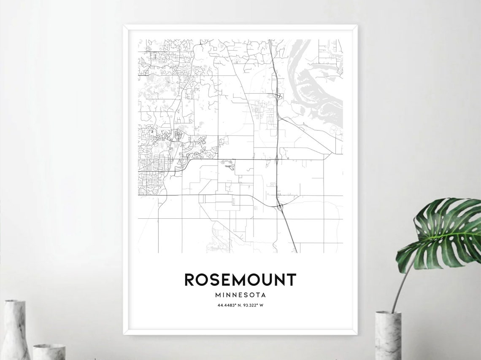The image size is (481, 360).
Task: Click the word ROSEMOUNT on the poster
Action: (240, 280)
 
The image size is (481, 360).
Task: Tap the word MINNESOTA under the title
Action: (240, 295)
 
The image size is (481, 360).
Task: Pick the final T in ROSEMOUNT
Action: (291, 280)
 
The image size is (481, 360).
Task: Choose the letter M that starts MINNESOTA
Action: (217, 295)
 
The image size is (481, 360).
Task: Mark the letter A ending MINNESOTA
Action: (263, 295)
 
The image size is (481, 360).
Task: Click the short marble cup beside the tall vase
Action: (49, 352)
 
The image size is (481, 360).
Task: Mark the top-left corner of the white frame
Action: (124, 26)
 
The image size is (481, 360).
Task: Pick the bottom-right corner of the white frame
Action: (357, 334)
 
